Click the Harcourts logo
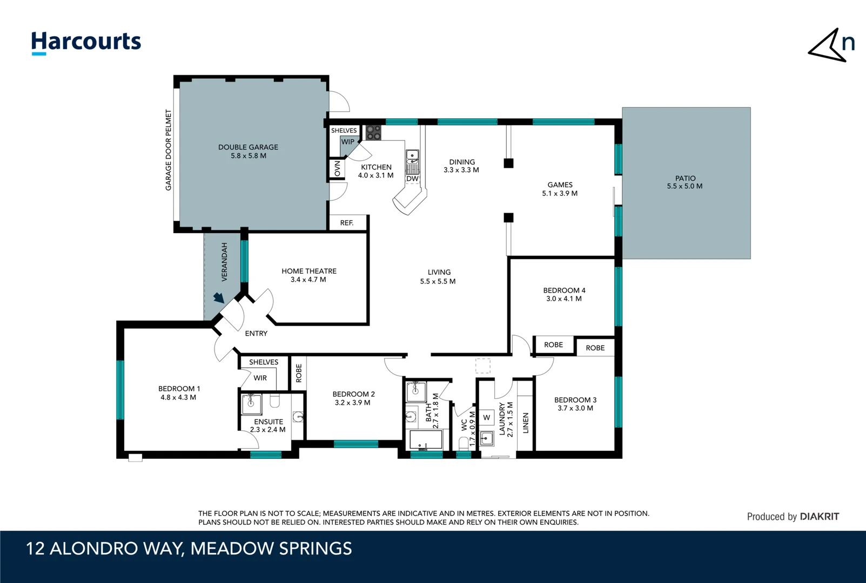86,42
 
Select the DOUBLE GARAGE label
248,147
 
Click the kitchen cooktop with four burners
373,132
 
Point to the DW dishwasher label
412,179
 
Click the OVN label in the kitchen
338,168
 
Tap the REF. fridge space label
347,223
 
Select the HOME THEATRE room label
308,271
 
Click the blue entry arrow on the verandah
219,298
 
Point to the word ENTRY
256,334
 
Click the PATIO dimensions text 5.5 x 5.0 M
684,186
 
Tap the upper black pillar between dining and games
508,163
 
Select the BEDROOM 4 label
564,290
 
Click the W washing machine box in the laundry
487,417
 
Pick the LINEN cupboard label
526,423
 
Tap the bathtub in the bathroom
426,440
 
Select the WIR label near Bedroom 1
260,378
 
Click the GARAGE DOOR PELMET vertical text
168,150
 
